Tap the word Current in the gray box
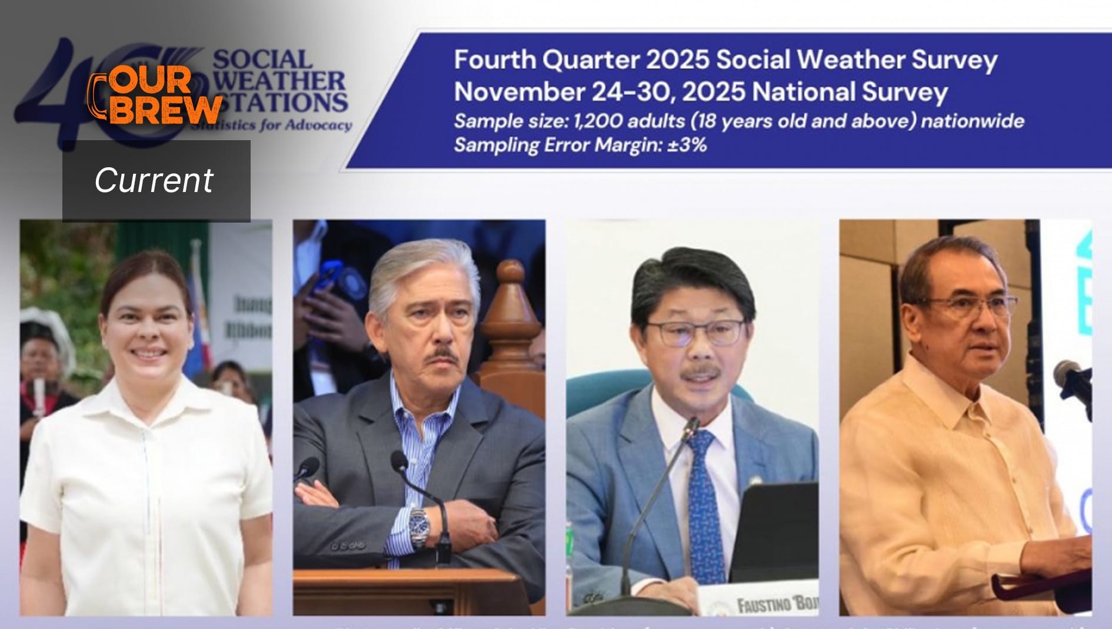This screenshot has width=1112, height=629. click(154, 180)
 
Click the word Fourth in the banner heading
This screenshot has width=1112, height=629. click(494, 60)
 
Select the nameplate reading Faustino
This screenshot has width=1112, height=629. click(765, 604)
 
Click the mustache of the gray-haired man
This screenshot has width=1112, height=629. click(442, 358)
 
